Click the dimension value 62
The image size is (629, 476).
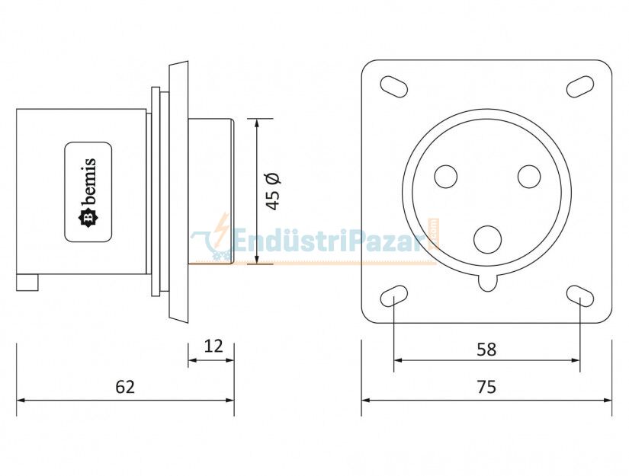point(125,387)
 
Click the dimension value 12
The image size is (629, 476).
point(213,347)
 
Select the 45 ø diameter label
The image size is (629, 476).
point(273,190)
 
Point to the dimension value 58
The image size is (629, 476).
point(486,350)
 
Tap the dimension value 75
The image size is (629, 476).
point(486,387)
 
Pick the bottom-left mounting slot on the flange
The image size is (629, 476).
point(393,296)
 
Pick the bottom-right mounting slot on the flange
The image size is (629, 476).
point(579,296)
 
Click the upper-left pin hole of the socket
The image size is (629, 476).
point(445,177)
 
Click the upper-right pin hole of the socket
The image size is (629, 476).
point(528,177)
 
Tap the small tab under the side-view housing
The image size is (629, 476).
point(27,283)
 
